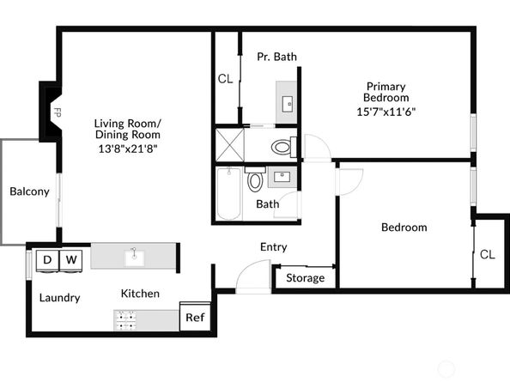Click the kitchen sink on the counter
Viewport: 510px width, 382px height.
134,256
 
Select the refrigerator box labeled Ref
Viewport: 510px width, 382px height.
195,318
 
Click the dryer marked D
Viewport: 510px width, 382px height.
47,259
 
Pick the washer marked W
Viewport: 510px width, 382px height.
71,259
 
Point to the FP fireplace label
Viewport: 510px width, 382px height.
58,112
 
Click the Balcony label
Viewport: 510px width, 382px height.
29,191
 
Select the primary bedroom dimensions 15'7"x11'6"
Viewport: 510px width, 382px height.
386,112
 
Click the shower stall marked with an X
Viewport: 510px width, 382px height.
230,142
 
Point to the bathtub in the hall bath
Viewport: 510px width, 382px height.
228,193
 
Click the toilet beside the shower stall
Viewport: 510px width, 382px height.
282,147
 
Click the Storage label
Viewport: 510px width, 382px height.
305,278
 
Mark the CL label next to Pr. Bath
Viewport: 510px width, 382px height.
225,79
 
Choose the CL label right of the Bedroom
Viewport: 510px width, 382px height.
487,254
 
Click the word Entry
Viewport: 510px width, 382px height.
273,247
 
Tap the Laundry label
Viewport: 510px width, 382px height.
60,298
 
